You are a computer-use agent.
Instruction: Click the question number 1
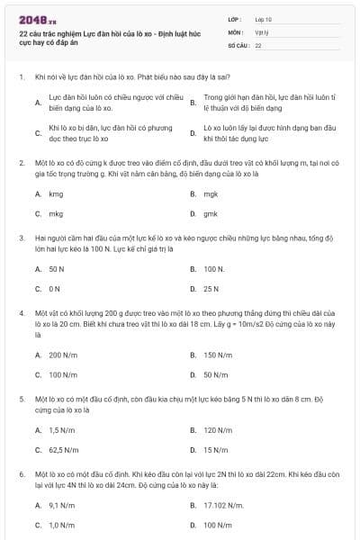pyautogui.click(x=21, y=77)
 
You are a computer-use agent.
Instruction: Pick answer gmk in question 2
pyautogui.click(x=211, y=214)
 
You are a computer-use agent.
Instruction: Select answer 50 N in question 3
pyautogui.click(x=56, y=268)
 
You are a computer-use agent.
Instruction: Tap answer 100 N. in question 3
pyautogui.click(x=213, y=268)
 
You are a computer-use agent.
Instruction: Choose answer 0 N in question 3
pyautogui.click(x=54, y=289)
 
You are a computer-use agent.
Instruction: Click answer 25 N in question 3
pyautogui.click(x=211, y=289)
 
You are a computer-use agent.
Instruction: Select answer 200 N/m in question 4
pyautogui.click(x=61, y=355)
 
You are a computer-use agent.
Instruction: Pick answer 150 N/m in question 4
pyautogui.click(x=218, y=355)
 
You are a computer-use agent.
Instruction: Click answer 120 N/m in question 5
pyautogui.click(x=218, y=429)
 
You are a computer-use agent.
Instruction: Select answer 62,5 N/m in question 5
pyautogui.click(x=63, y=450)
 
